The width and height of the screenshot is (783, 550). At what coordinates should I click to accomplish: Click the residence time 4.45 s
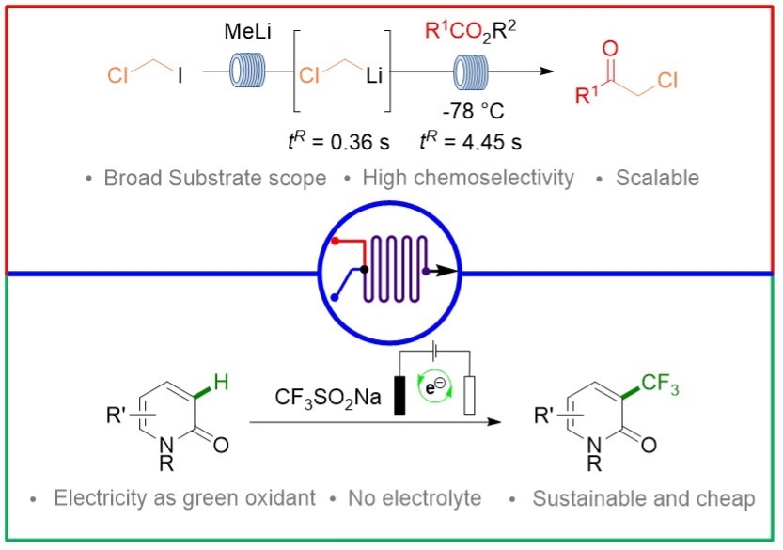point(467,142)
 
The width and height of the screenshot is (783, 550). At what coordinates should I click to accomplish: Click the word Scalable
point(659,178)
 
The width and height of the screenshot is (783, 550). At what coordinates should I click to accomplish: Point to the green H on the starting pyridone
point(219,380)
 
